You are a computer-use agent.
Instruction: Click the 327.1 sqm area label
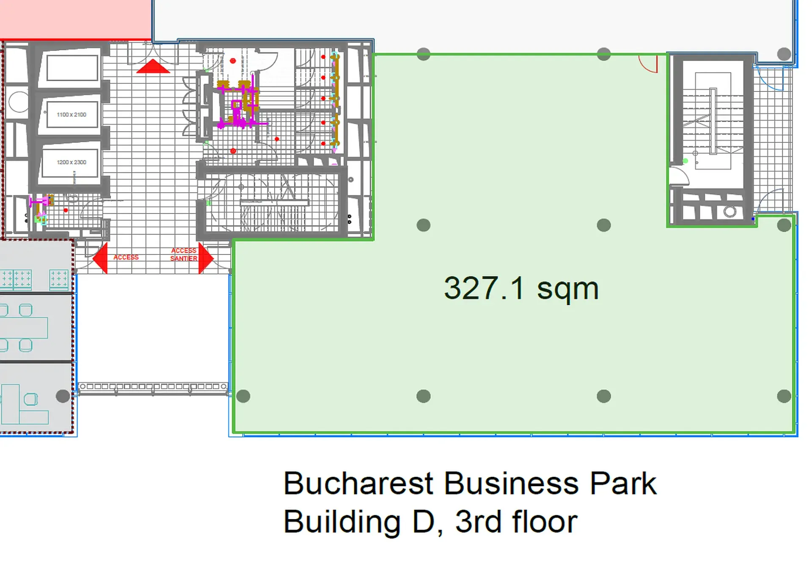coord(521,289)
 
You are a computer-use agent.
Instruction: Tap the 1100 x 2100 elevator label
coord(72,115)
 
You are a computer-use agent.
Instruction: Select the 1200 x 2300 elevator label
coord(72,162)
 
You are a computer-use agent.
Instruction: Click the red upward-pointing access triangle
coord(153,67)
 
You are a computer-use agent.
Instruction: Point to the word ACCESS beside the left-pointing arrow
coord(126,257)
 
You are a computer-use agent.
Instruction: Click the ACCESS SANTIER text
coord(184,255)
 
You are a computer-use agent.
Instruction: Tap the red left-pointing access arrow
coord(101,258)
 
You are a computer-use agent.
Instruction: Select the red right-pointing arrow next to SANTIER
coord(205,258)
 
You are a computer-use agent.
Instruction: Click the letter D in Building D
coord(423,522)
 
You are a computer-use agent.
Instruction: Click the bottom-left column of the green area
coord(243,396)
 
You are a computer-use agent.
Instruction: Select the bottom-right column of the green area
coord(784,396)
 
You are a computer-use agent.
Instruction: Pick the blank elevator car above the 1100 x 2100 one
coord(72,68)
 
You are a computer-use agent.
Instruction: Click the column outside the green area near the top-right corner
coord(784,54)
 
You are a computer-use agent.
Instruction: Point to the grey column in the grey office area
coord(63,396)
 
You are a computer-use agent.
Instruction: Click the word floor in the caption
coord(545,522)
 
